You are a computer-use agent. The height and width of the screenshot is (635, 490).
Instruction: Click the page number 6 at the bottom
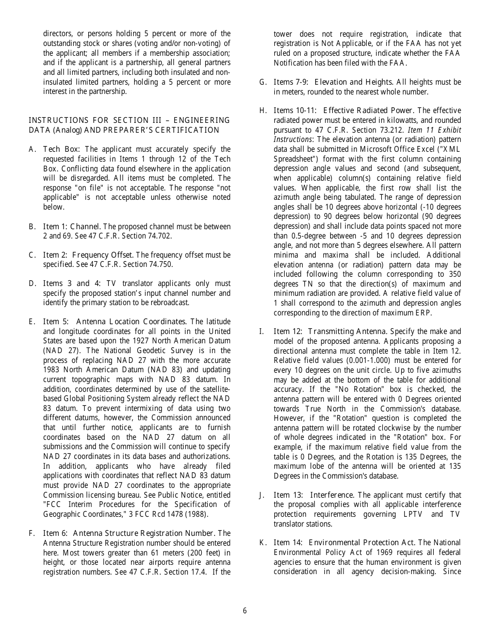[244, 611]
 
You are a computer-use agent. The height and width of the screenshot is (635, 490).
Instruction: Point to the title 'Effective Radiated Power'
[368, 110]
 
